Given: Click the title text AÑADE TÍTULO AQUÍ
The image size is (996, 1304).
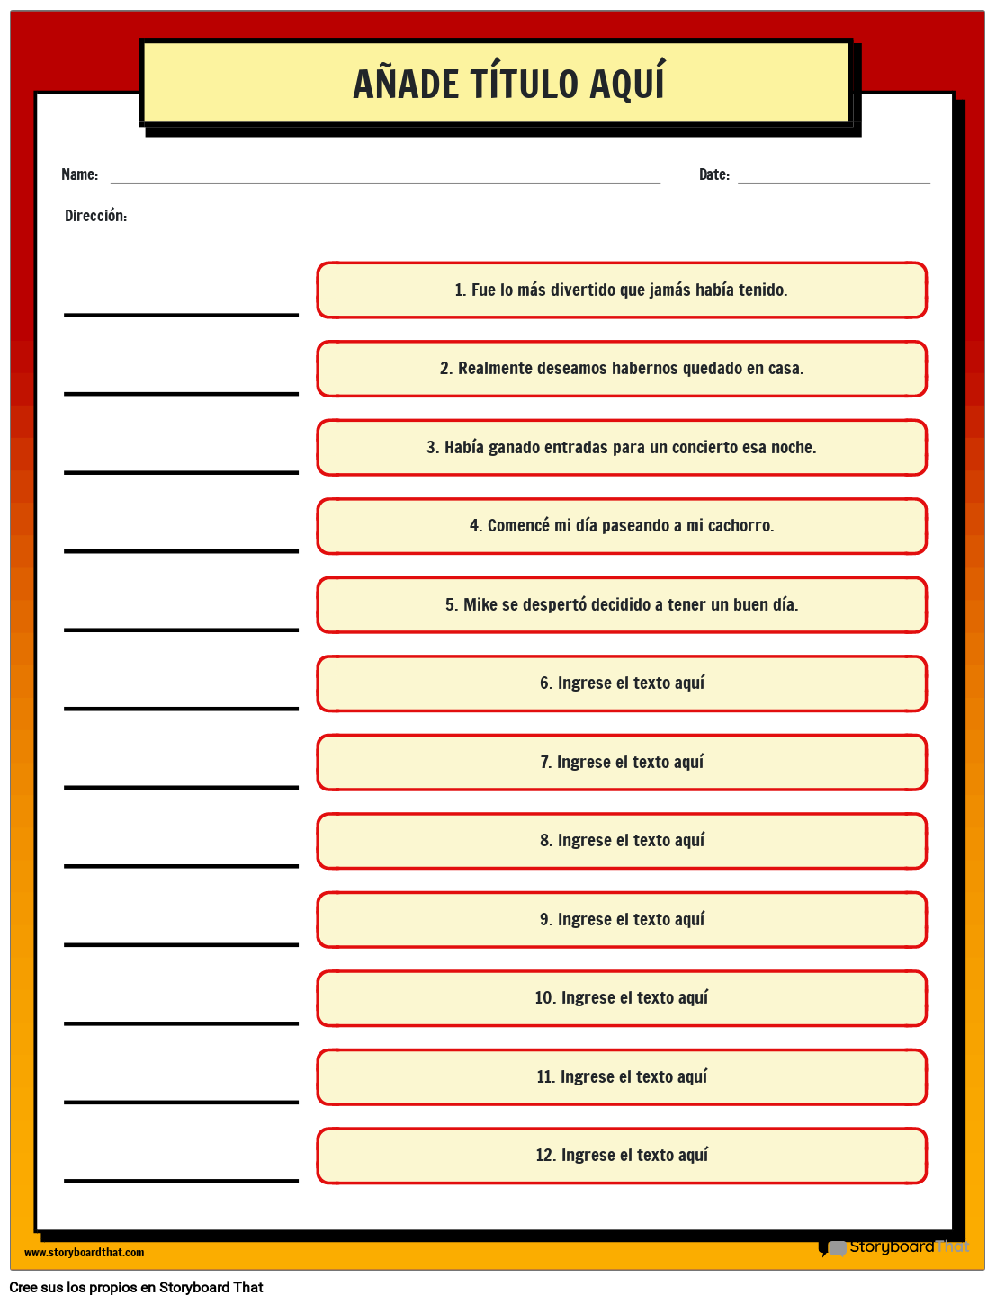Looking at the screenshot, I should click(x=508, y=84).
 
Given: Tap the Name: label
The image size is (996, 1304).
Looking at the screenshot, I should click(x=79, y=174).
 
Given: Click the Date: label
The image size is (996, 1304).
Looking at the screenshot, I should click(x=713, y=174).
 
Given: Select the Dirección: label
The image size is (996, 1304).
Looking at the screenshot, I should click(x=95, y=216).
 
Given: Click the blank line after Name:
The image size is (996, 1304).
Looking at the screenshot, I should click(x=385, y=182).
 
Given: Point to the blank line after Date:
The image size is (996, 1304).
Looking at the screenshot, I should click(x=833, y=182).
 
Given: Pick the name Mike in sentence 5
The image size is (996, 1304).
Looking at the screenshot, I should click(x=480, y=604).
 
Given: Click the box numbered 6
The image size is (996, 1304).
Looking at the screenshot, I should click(x=622, y=683).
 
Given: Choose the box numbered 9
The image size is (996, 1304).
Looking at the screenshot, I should click(x=622, y=919).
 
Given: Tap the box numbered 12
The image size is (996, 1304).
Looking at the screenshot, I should click(x=622, y=1156).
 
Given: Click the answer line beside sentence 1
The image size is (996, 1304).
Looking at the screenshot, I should click(x=181, y=314).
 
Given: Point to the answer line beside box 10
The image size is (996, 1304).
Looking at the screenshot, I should click(x=181, y=1023).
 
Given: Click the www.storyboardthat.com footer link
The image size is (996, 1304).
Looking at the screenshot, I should click(x=84, y=1252).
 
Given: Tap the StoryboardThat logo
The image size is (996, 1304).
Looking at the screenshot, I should click(x=895, y=1246).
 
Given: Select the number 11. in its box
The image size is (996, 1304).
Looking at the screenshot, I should click(x=545, y=1076).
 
